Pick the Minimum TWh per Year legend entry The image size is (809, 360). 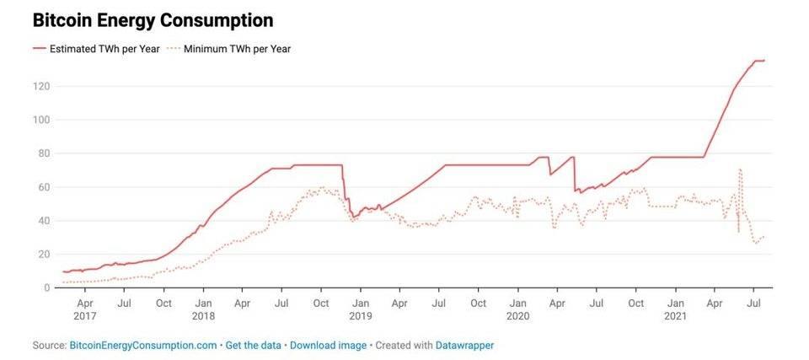tap(236, 48)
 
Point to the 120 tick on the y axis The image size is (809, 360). tap(40, 86)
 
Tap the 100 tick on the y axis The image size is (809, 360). tap(40, 120)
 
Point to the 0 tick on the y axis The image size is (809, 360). tap(46, 287)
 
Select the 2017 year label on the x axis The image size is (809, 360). tap(85, 316)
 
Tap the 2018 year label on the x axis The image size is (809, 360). tap(203, 316)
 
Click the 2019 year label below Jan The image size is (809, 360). tap(360, 316)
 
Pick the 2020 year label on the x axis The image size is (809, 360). tap(517, 316)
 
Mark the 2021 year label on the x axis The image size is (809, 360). tap(675, 316)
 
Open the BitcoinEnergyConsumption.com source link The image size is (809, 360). tap(142, 346)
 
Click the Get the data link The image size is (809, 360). tap(254, 346)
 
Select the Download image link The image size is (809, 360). tap(329, 346)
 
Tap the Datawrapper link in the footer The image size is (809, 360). tap(464, 346)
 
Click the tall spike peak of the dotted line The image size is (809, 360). tap(740, 169)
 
